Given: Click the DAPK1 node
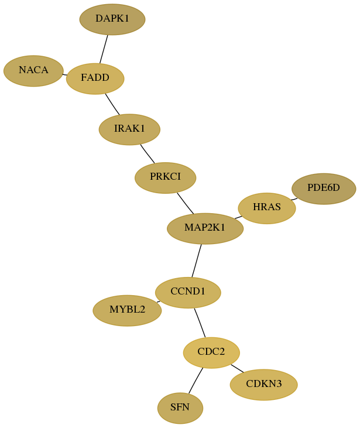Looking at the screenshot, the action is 112,19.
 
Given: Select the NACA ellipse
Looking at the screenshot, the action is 33,71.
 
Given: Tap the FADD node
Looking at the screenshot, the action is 95,78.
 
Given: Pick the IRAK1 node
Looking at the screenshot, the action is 129,129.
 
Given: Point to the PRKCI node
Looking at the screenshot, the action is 166,177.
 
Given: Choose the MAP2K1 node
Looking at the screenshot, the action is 205,228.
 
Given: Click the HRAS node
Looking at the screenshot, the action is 267,208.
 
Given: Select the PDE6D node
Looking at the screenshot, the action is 324,189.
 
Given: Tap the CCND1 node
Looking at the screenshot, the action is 188,293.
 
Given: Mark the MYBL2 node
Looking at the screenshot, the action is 127,310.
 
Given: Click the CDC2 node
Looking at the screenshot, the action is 211,352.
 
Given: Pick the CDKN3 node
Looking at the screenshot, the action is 263,385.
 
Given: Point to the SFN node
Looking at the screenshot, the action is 180,408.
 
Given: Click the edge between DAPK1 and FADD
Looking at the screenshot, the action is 104,49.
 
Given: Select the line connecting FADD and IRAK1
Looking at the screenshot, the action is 112,104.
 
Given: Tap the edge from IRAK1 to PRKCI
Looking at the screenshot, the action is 148,153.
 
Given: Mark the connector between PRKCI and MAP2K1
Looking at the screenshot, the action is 186,203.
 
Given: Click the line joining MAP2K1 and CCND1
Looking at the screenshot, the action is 197,261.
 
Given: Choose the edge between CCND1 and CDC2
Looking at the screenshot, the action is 200,323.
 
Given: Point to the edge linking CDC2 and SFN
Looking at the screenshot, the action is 196,381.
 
